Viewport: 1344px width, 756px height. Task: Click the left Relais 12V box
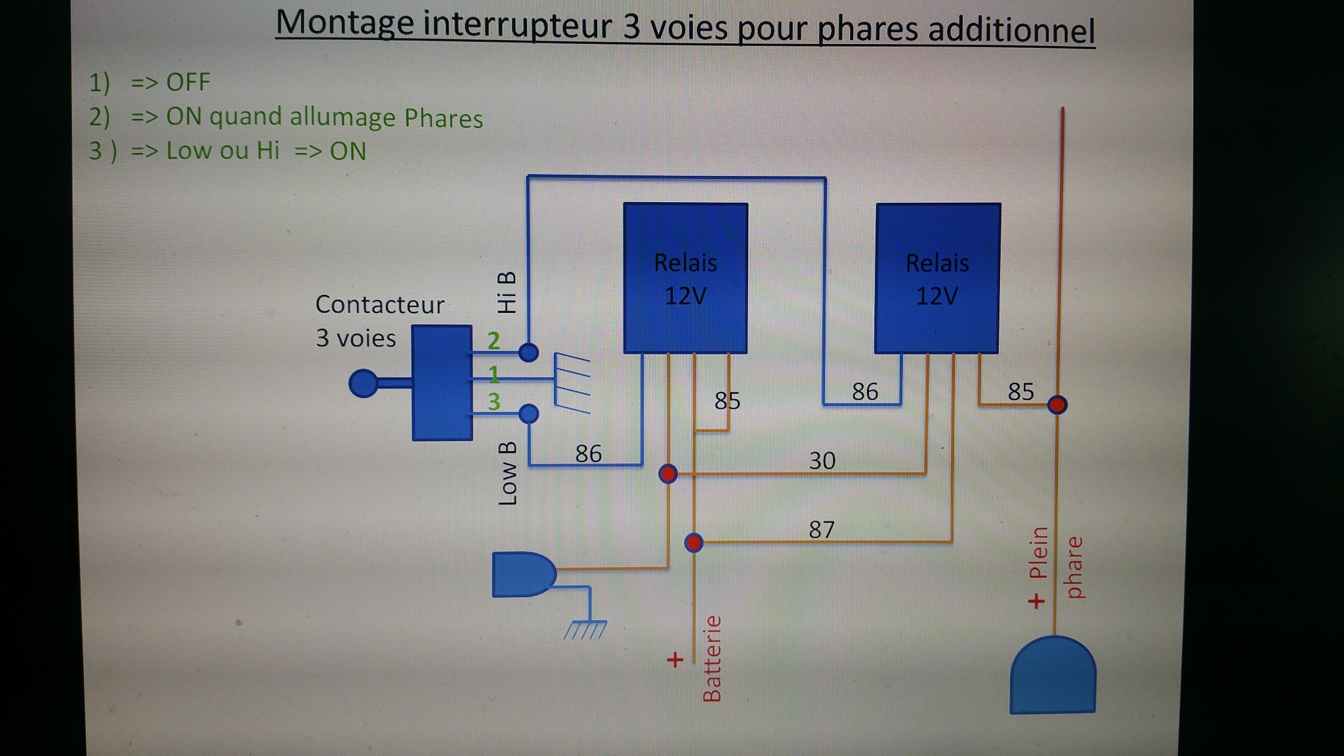685,278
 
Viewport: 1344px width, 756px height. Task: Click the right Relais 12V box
938,278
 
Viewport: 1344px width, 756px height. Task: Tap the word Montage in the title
345,24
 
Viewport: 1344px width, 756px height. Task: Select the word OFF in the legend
188,83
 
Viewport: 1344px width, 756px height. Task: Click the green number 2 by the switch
493,341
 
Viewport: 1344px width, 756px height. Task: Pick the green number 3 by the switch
493,401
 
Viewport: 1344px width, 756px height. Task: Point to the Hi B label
507,292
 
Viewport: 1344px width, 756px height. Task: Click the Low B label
507,472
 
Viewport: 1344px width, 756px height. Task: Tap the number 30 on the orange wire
822,461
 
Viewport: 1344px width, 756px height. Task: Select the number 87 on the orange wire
821,529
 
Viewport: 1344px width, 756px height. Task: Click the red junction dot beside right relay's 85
1057,404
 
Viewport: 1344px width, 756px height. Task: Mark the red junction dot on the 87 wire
694,543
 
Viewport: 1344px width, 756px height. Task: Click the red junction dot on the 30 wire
667,473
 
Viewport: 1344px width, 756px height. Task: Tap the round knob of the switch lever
363,383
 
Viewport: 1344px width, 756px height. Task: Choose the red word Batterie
712,658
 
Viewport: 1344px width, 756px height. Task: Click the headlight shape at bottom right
1053,675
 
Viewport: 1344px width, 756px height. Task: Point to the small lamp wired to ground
523,575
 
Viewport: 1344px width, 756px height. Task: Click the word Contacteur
380,304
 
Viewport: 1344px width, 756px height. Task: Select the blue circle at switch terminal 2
528,352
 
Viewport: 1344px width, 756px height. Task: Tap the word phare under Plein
1074,568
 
